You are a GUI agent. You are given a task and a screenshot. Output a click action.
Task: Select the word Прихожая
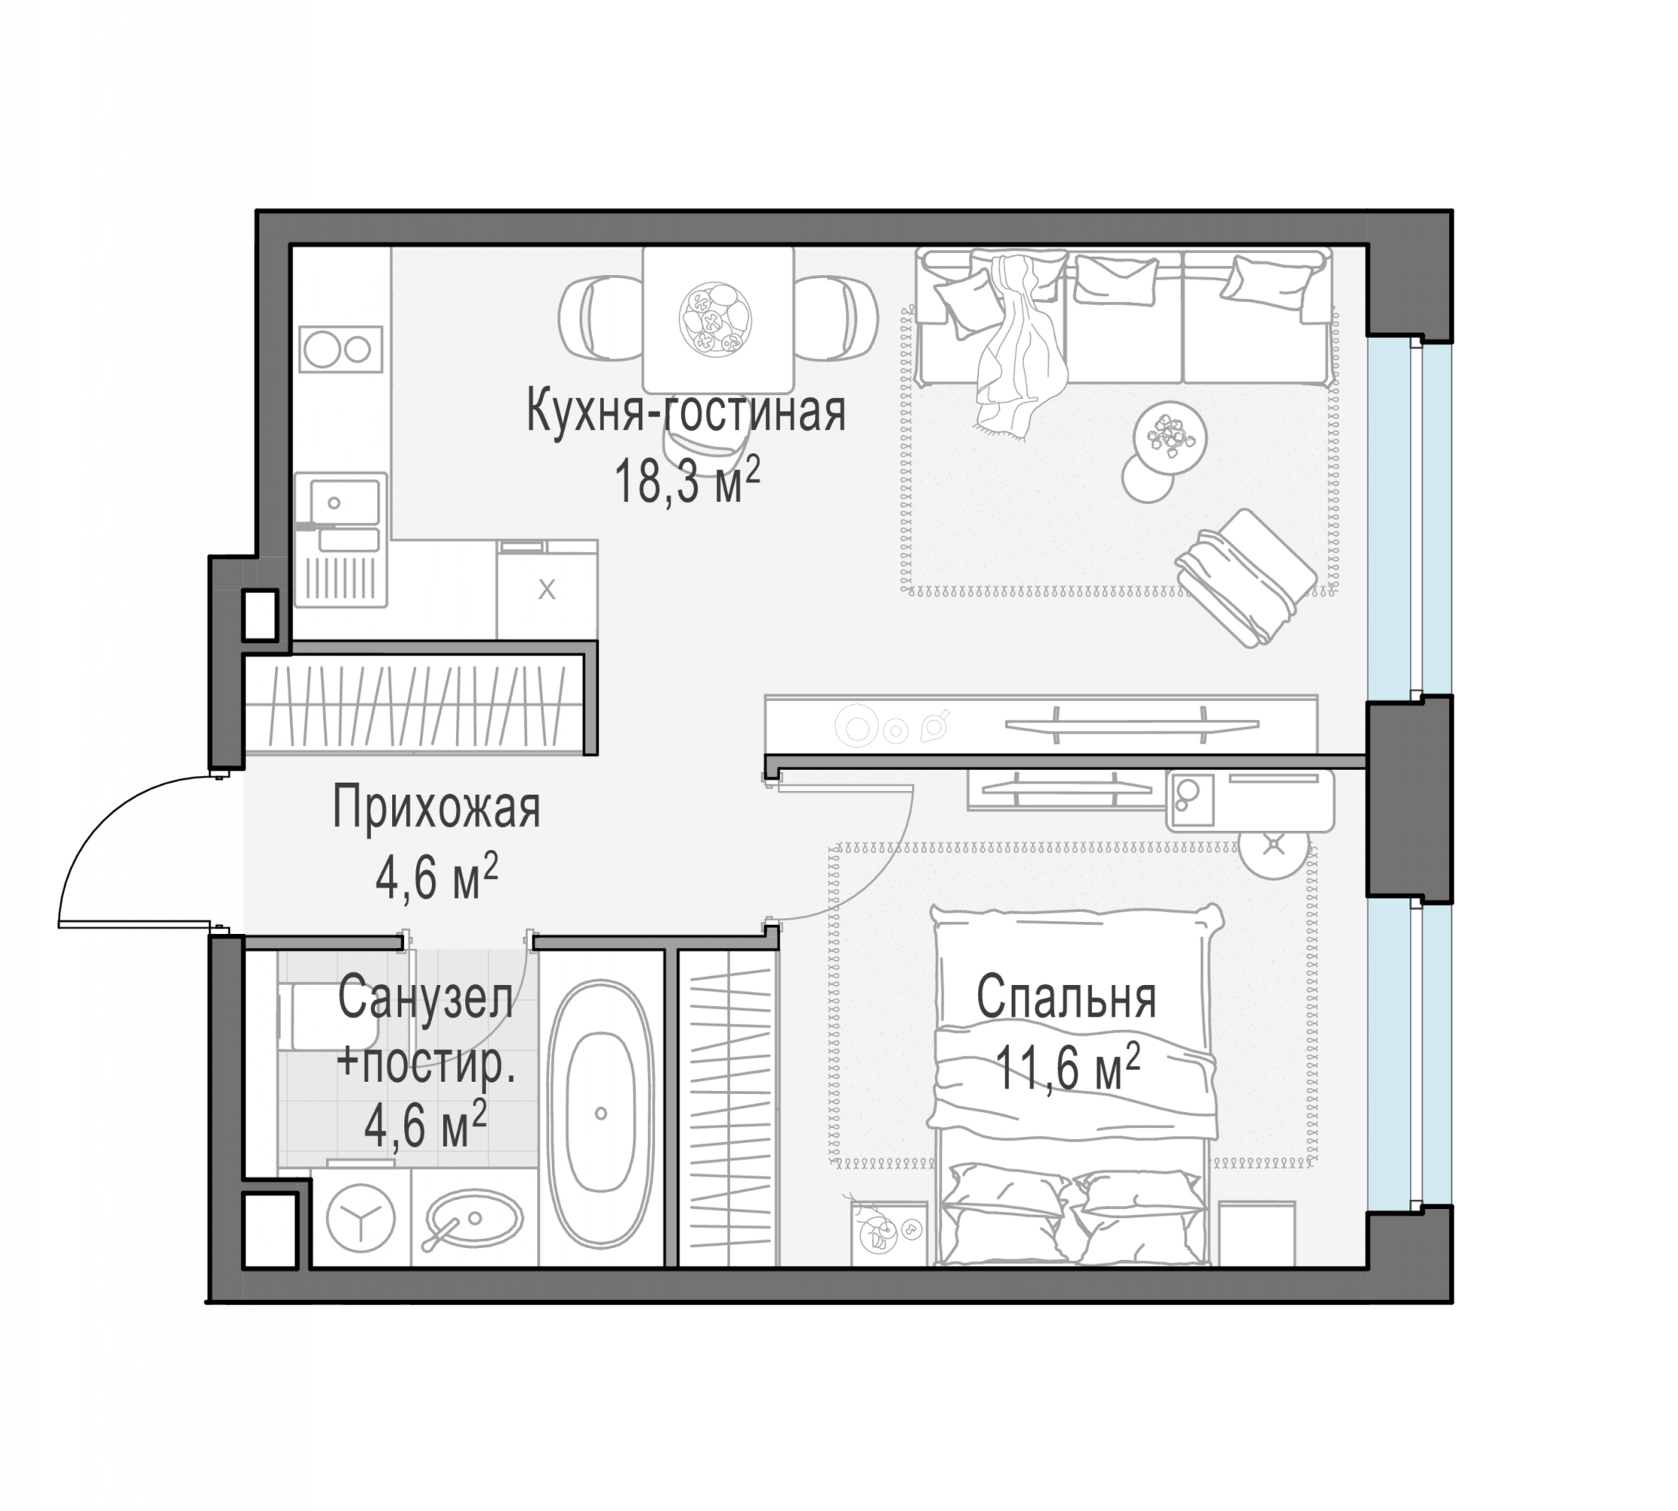436,808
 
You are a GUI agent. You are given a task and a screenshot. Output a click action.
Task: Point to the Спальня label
1066,997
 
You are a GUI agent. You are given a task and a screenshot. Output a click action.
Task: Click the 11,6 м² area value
1067,1067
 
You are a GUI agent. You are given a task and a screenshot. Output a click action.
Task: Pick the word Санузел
425,998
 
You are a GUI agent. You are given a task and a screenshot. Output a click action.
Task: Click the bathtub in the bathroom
601,1114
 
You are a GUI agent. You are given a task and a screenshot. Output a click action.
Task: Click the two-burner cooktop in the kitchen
341,349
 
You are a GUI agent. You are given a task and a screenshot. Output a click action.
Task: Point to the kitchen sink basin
344,502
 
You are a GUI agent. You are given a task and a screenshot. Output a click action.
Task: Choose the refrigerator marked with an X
547,589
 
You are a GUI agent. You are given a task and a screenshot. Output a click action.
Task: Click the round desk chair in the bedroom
1274,845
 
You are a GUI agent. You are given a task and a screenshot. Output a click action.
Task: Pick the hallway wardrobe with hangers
414,706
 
